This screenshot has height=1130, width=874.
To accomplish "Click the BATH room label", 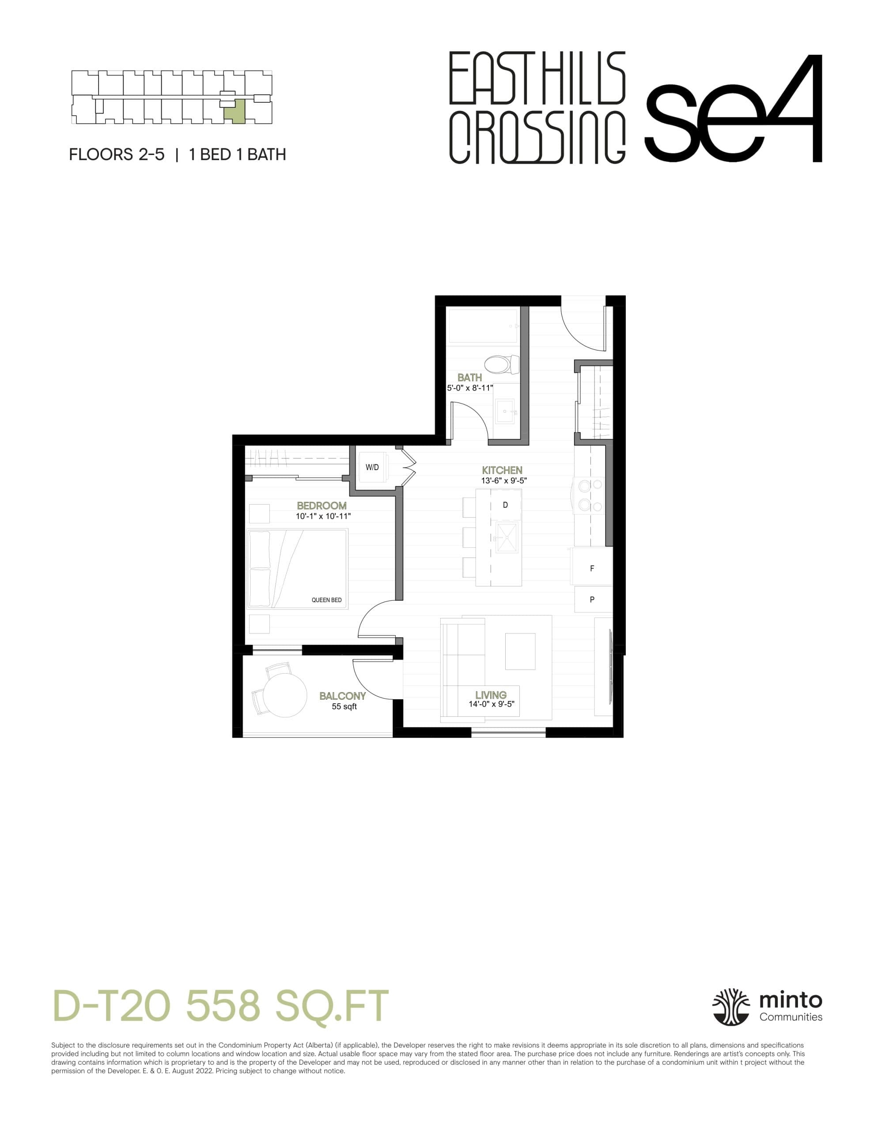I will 469,377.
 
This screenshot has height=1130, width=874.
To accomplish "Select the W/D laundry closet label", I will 372,467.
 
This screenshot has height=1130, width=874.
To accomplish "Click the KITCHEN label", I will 502,470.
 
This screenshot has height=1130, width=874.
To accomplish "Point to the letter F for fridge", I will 592,568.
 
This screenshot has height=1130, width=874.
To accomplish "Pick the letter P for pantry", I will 592,600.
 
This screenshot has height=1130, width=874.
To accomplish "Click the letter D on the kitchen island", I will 505,505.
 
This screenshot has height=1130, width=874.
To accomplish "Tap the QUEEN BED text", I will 326,600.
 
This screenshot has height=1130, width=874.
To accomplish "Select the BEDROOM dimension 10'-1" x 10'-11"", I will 323,516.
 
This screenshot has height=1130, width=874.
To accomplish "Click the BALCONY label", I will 342,696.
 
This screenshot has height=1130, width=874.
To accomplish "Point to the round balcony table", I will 285,695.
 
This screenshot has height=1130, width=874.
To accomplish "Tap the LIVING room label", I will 490,695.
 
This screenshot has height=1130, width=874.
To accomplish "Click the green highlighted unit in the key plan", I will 235,111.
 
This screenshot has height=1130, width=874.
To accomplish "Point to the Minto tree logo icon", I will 730,1007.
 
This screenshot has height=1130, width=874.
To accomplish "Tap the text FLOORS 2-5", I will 117,154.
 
